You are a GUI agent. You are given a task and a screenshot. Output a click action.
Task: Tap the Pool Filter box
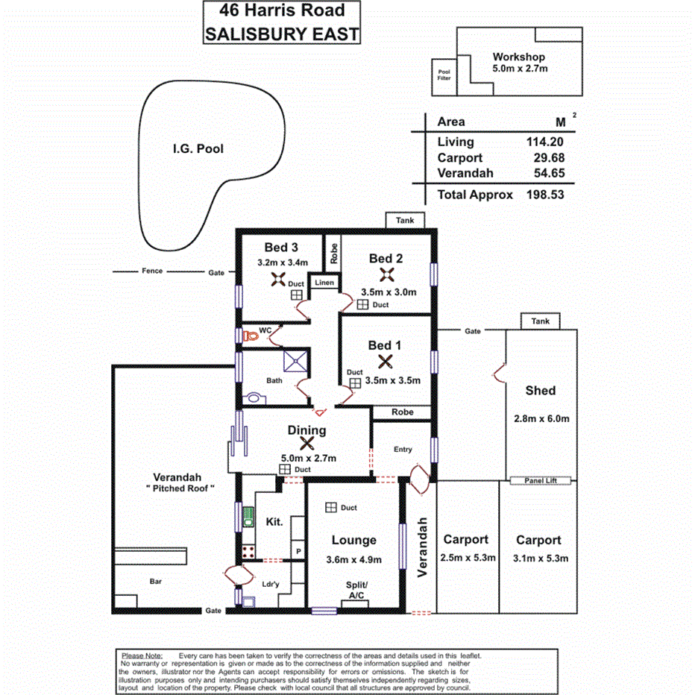pyautogui.click(x=444, y=75)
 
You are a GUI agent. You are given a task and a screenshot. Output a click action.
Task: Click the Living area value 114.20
pyautogui.click(x=545, y=142)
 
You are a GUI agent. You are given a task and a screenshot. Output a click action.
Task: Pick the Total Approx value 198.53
pyautogui.click(x=545, y=195)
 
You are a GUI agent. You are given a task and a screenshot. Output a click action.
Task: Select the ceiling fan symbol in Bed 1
pyautogui.click(x=386, y=362)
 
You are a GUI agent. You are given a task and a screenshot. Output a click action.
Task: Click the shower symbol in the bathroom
pyautogui.click(x=296, y=362)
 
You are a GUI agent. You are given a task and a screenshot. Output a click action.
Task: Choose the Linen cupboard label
pyautogui.click(x=324, y=283)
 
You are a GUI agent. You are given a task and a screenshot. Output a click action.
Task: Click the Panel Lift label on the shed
pyautogui.click(x=541, y=482)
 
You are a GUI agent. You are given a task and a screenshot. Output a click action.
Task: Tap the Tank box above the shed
pyautogui.click(x=541, y=321)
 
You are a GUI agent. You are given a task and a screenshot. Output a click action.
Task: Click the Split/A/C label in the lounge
pyautogui.click(x=356, y=590)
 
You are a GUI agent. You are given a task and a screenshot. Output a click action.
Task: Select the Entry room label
pyautogui.click(x=403, y=449)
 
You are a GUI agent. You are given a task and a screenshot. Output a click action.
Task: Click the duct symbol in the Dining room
pyautogui.click(x=284, y=469)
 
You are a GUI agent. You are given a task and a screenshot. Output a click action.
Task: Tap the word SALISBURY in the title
pyautogui.click(x=248, y=34)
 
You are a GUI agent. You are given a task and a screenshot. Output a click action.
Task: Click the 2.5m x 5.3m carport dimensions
pyautogui.click(x=466, y=559)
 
